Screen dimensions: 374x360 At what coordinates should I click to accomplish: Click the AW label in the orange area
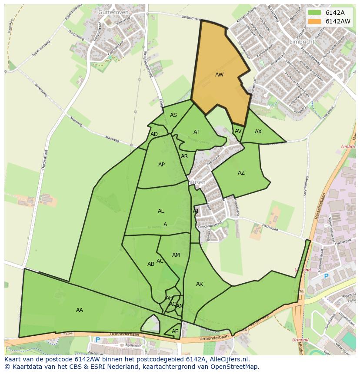(219, 75)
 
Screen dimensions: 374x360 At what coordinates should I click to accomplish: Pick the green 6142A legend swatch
(314, 12)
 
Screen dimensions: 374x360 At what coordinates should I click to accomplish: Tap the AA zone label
(80, 310)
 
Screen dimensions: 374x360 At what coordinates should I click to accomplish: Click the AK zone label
(200, 284)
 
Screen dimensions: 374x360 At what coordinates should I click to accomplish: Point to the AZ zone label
(241, 173)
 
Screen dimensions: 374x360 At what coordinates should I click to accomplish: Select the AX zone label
(258, 132)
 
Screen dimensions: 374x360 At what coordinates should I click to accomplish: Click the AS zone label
(173, 115)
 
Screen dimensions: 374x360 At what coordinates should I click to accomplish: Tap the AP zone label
(161, 165)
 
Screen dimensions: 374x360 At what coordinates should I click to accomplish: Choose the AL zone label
(161, 211)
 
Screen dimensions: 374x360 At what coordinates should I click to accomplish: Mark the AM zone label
(176, 255)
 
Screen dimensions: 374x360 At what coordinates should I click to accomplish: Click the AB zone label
(151, 264)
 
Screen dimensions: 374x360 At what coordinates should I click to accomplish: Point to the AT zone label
(197, 132)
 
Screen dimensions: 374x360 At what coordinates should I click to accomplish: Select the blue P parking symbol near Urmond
(326, 276)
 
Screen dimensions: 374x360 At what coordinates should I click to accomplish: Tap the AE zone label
(175, 331)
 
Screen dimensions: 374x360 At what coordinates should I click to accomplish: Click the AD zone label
(154, 134)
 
